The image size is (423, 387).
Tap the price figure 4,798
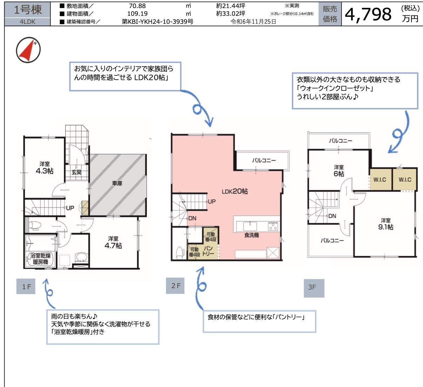[368, 14]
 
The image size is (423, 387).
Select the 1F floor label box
[26, 286]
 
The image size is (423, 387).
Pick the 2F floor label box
[175, 286]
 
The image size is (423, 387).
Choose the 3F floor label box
[314, 288]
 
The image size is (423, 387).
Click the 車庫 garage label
[117, 183]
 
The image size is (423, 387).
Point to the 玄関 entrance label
[76, 172]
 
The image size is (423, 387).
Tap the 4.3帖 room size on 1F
[45, 171]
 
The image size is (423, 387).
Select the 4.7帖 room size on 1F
[113, 246]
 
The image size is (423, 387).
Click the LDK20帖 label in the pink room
[235, 191]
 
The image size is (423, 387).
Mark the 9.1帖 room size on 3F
[386, 227]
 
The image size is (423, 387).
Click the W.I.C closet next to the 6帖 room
[380, 179]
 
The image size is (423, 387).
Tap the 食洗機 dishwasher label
[251, 235]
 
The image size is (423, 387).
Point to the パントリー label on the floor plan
[208, 251]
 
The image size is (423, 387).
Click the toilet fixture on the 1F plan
[34, 225]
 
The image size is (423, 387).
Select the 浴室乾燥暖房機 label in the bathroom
[40, 259]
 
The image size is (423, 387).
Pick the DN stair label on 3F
[332, 216]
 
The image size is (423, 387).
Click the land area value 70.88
[137, 6]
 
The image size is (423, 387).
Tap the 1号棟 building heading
[28, 10]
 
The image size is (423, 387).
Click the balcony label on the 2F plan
[264, 161]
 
